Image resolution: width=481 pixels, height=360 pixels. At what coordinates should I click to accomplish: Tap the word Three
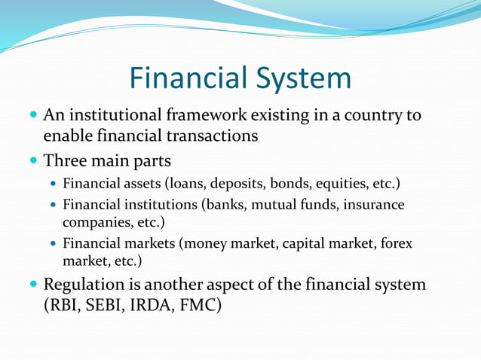point(64,161)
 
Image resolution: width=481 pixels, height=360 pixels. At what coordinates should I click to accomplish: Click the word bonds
point(290,183)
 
